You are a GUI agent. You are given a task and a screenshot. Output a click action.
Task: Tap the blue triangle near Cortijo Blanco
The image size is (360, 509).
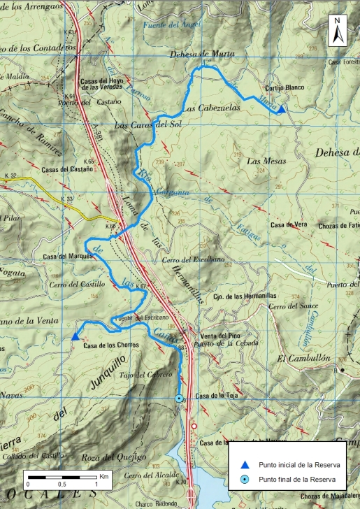click(280, 109)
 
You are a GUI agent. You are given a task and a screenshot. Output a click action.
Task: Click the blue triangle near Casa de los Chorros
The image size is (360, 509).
click(75, 337)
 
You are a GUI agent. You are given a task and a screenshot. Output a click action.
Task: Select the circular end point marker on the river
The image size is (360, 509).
click(179, 398)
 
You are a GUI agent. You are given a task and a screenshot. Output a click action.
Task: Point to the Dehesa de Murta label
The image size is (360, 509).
click(203, 55)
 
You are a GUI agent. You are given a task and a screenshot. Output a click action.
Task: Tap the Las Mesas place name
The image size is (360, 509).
click(263, 161)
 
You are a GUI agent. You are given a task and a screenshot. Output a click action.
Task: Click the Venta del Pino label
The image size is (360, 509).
click(219, 335)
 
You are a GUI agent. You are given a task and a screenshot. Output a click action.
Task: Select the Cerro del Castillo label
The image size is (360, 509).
click(77, 285)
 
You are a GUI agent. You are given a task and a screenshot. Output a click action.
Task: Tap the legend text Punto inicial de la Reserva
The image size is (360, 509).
click(299, 465)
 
